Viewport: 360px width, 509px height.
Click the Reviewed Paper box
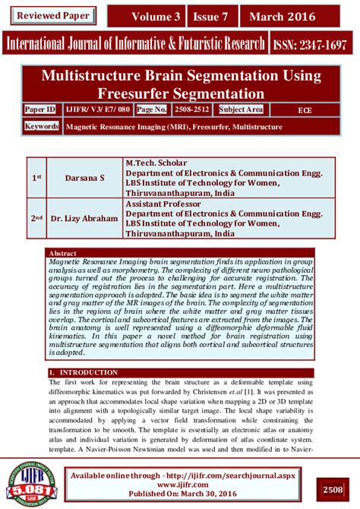pyautogui.click(x=53, y=15)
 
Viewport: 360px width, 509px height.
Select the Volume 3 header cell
pyautogui.click(x=156, y=16)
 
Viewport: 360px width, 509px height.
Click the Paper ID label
pyautogui.click(x=40, y=110)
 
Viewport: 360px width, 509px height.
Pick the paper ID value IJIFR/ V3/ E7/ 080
pyautogui.click(x=98, y=110)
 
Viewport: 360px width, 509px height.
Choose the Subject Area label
pyautogui.click(x=241, y=110)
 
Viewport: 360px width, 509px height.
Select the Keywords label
pyautogui.click(x=42, y=125)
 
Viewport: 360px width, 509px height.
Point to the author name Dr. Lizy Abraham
pyautogui.click(x=84, y=219)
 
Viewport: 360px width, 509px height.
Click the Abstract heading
pyautogui.click(x=62, y=252)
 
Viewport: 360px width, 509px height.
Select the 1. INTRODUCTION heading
pyautogui.click(x=84, y=372)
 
